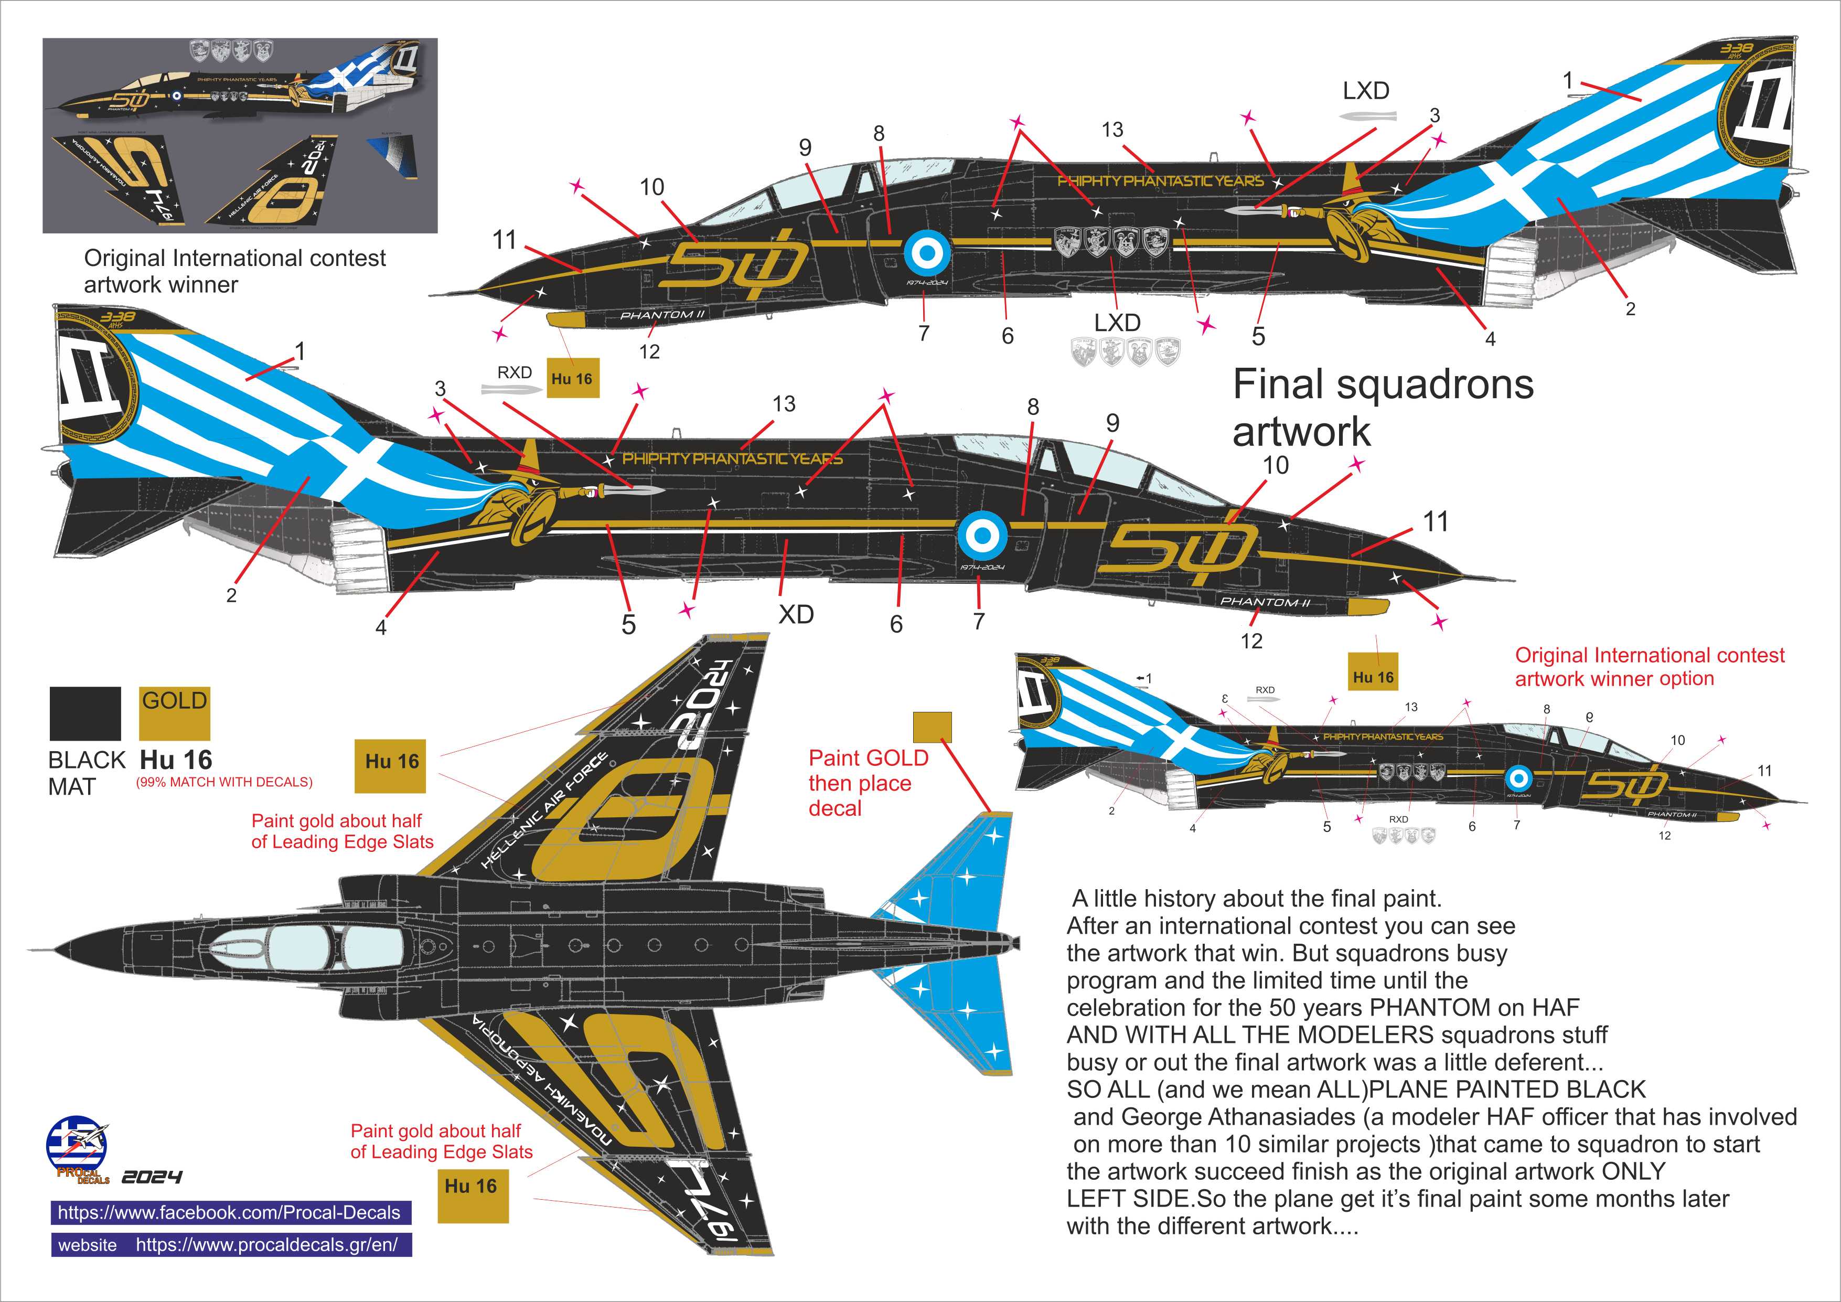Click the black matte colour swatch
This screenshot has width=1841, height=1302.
[85, 713]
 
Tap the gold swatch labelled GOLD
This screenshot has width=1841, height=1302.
[174, 713]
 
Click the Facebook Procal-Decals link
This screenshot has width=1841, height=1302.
[229, 1212]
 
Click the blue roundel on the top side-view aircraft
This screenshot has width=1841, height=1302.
[927, 253]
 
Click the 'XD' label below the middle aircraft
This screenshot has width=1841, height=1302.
[796, 615]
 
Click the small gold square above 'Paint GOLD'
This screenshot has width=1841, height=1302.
[933, 727]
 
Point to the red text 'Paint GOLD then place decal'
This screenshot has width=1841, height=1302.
[868, 783]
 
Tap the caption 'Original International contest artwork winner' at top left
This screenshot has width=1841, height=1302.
[234, 271]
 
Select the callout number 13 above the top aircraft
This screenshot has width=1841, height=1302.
[1112, 130]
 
